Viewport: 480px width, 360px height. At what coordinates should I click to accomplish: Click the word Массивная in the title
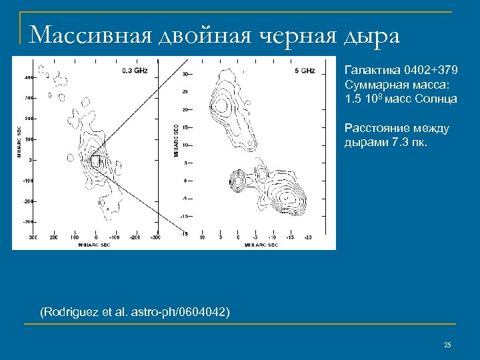coord(91,34)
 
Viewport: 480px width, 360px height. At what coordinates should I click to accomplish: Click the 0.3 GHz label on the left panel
coord(135,70)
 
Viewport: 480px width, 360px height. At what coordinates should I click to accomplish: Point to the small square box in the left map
coord(95,161)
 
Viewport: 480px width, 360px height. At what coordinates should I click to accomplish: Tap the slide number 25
coord(447,345)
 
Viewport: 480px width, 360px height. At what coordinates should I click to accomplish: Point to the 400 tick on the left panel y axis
coord(29,77)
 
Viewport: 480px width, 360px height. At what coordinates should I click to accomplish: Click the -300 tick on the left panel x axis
coord(155,237)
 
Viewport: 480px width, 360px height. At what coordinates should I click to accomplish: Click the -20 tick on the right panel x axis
coord(307,237)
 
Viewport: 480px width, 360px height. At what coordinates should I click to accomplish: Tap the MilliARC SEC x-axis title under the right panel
coord(261,245)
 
